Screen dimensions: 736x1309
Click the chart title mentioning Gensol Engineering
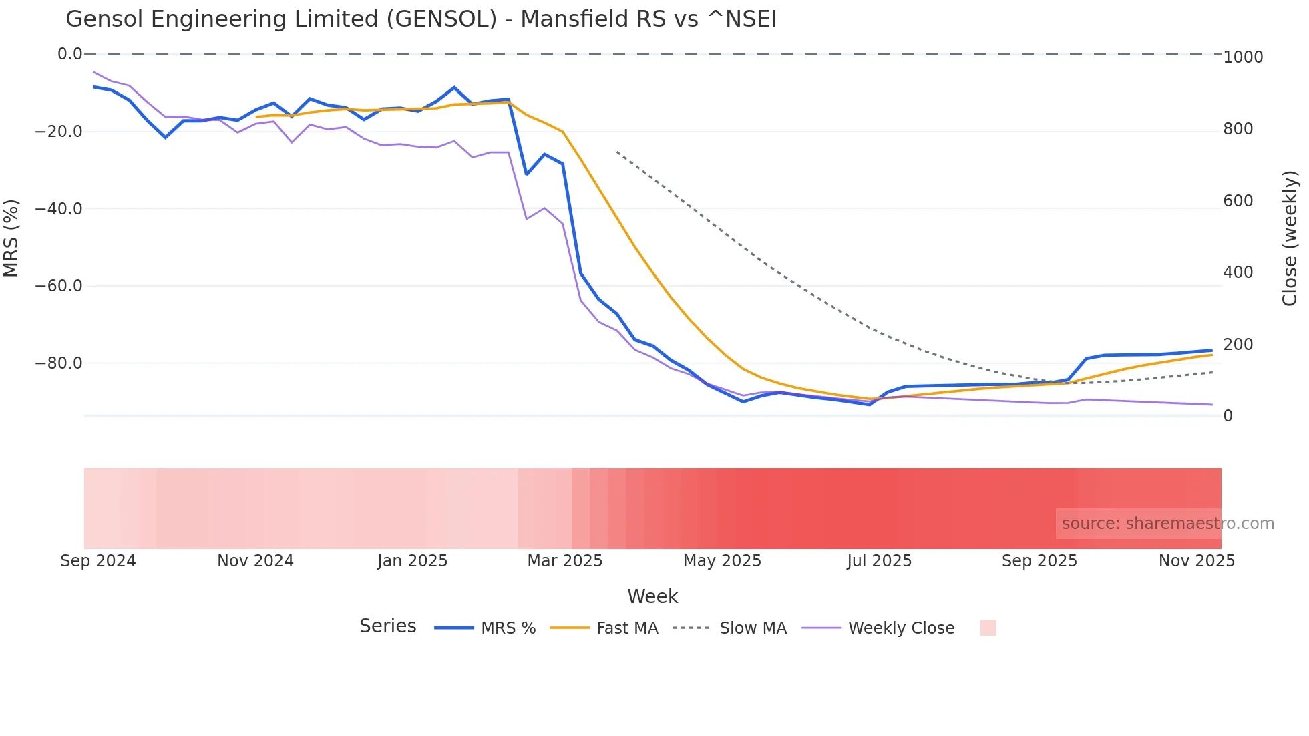[x=421, y=19]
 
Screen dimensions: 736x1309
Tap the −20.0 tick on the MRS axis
[x=59, y=132]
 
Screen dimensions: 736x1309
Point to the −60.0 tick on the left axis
[x=59, y=286]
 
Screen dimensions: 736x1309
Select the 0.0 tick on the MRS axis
[x=69, y=54]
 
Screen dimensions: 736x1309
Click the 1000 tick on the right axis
[x=1243, y=57]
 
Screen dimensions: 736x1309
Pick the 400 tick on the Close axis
[x=1238, y=272]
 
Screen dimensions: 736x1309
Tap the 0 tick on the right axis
[x=1228, y=416]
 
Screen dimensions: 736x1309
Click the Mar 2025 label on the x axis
[x=565, y=561]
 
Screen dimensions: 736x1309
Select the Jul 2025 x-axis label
[x=879, y=561]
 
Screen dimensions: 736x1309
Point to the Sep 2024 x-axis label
[x=98, y=561]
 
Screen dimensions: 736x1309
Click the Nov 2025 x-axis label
[x=1196, y=561]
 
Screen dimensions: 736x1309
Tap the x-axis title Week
[x=652, y=596]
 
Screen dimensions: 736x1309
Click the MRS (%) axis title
[x=11, y=238]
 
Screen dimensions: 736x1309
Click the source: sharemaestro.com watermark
[x=1167, y=524]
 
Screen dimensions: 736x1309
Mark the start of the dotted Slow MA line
[x=617, y=152]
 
